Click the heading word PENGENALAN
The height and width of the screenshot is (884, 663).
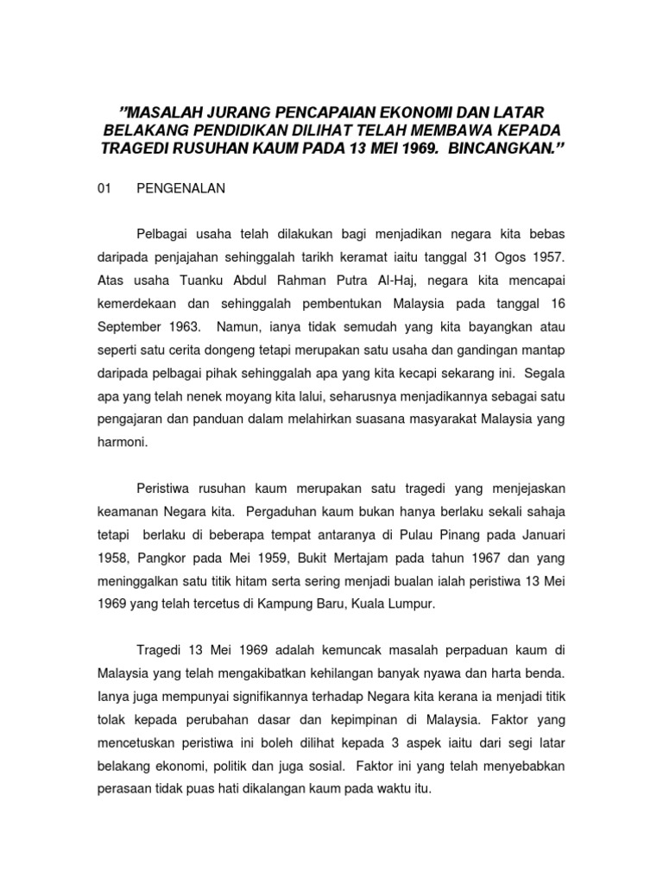pyautogui.click(x=180, y=189)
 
